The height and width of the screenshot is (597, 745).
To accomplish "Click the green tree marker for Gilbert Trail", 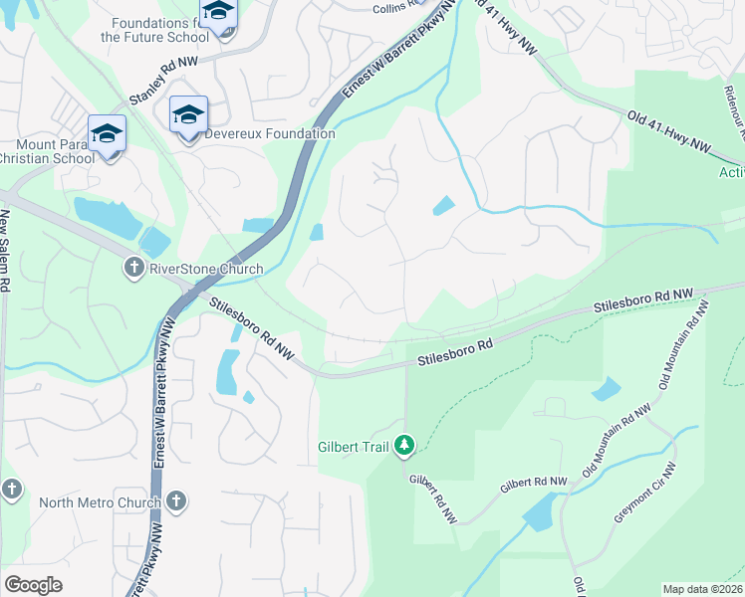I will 405,445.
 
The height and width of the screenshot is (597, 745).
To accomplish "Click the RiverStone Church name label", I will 205,269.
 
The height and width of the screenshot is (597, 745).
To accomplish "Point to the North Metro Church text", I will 100,502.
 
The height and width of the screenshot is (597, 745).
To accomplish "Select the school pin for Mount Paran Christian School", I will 107,135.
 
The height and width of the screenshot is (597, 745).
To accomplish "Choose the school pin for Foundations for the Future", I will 218,14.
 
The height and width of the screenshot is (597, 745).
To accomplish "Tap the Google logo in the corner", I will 34,585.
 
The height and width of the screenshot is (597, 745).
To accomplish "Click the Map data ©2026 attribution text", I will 702,589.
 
